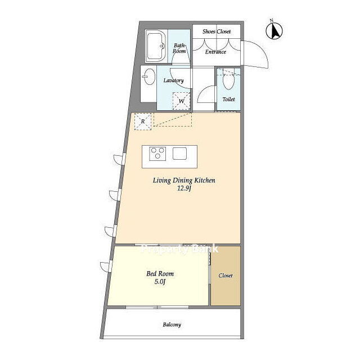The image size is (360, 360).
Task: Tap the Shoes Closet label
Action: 217,31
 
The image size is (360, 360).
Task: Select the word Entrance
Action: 215,52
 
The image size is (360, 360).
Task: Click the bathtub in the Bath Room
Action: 156,46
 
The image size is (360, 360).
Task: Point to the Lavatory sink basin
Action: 148,76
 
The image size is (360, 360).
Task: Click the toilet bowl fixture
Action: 228,80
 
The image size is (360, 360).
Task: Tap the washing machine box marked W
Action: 181,101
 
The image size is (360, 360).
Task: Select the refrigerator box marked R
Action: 143,121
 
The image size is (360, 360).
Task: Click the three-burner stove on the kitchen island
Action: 157,154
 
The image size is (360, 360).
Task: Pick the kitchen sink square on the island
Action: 179,154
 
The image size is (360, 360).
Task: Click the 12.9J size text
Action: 184,189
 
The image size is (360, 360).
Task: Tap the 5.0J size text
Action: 160,282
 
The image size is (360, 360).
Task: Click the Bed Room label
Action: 160,274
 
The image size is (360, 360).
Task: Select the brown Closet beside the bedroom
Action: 226,276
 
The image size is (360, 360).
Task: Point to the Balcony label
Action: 172,325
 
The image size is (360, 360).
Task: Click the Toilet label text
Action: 229,100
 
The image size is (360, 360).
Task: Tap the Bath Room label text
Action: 179,48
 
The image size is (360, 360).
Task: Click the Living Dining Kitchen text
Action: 184,181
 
